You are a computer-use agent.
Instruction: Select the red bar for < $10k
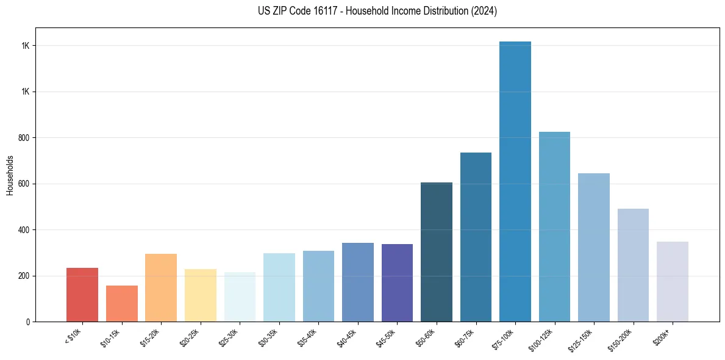(x=82, y=295)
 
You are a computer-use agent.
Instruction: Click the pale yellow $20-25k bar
(x=201, y=295)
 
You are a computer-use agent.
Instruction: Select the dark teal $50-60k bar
(x=437, y=252)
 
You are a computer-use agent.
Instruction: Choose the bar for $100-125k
(x=554, y=226)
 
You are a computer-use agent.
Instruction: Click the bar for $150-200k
(x=633, y=265)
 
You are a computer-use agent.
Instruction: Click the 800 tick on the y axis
(x=24, y=138)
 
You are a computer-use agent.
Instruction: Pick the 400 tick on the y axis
(x=24, y=230)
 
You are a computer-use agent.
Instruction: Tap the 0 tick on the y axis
(x=28, y=322)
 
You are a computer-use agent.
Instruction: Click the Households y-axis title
(x=10, y=175)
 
